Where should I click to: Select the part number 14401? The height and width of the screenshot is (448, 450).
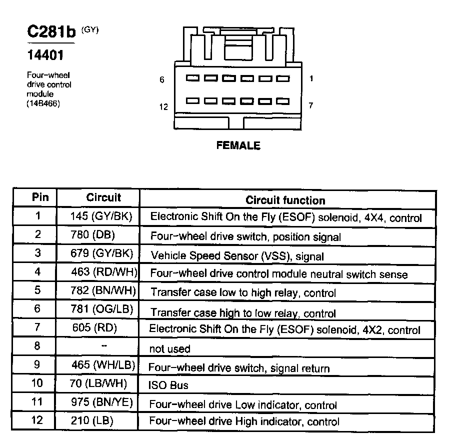tap(44, 54)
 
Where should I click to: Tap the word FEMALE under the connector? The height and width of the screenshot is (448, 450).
tap(238, 145)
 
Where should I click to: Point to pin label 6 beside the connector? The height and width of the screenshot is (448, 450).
tap(162, 79)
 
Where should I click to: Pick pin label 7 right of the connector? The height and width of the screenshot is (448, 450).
tap(310, 105)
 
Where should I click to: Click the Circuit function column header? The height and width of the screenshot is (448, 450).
tap(285, 200)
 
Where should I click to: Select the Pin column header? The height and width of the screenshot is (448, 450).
tap(40, 197)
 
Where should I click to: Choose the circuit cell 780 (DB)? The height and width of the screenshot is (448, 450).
tap(99, 234)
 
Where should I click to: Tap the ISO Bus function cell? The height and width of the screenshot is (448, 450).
tap(168, 385)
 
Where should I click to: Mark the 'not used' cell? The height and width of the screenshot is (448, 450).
tap(170, 348)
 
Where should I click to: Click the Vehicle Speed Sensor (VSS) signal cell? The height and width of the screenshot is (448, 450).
tap(237, 256)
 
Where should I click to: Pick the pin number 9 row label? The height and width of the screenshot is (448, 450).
tap(37, 364)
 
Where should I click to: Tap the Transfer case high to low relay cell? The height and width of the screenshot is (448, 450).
tap(243, 313)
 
